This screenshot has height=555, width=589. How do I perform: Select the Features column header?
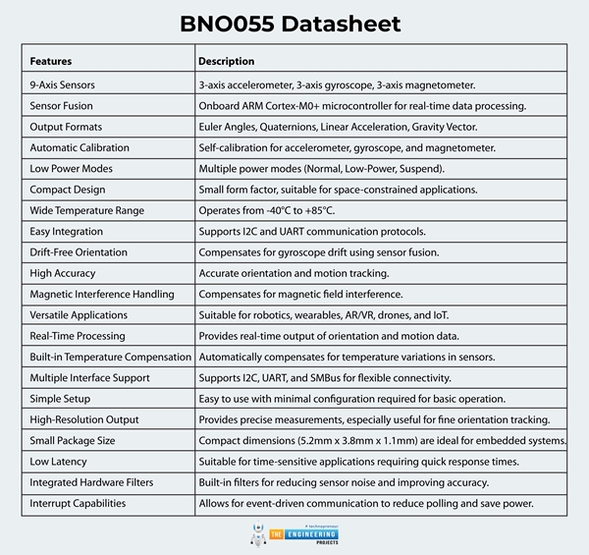51,61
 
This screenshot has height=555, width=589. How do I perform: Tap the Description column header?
227,61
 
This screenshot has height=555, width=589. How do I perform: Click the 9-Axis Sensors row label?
63,85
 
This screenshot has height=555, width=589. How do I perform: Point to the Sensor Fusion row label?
62,106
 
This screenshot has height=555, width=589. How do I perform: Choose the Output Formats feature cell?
66,127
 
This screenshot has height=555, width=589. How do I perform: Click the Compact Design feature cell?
67,190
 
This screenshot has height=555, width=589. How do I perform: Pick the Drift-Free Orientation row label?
79,252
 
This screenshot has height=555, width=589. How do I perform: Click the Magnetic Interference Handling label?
102,294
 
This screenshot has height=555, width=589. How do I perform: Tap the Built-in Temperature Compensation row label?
110,357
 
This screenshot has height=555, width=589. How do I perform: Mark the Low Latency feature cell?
58,461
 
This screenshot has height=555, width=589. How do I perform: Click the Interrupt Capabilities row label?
78,503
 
